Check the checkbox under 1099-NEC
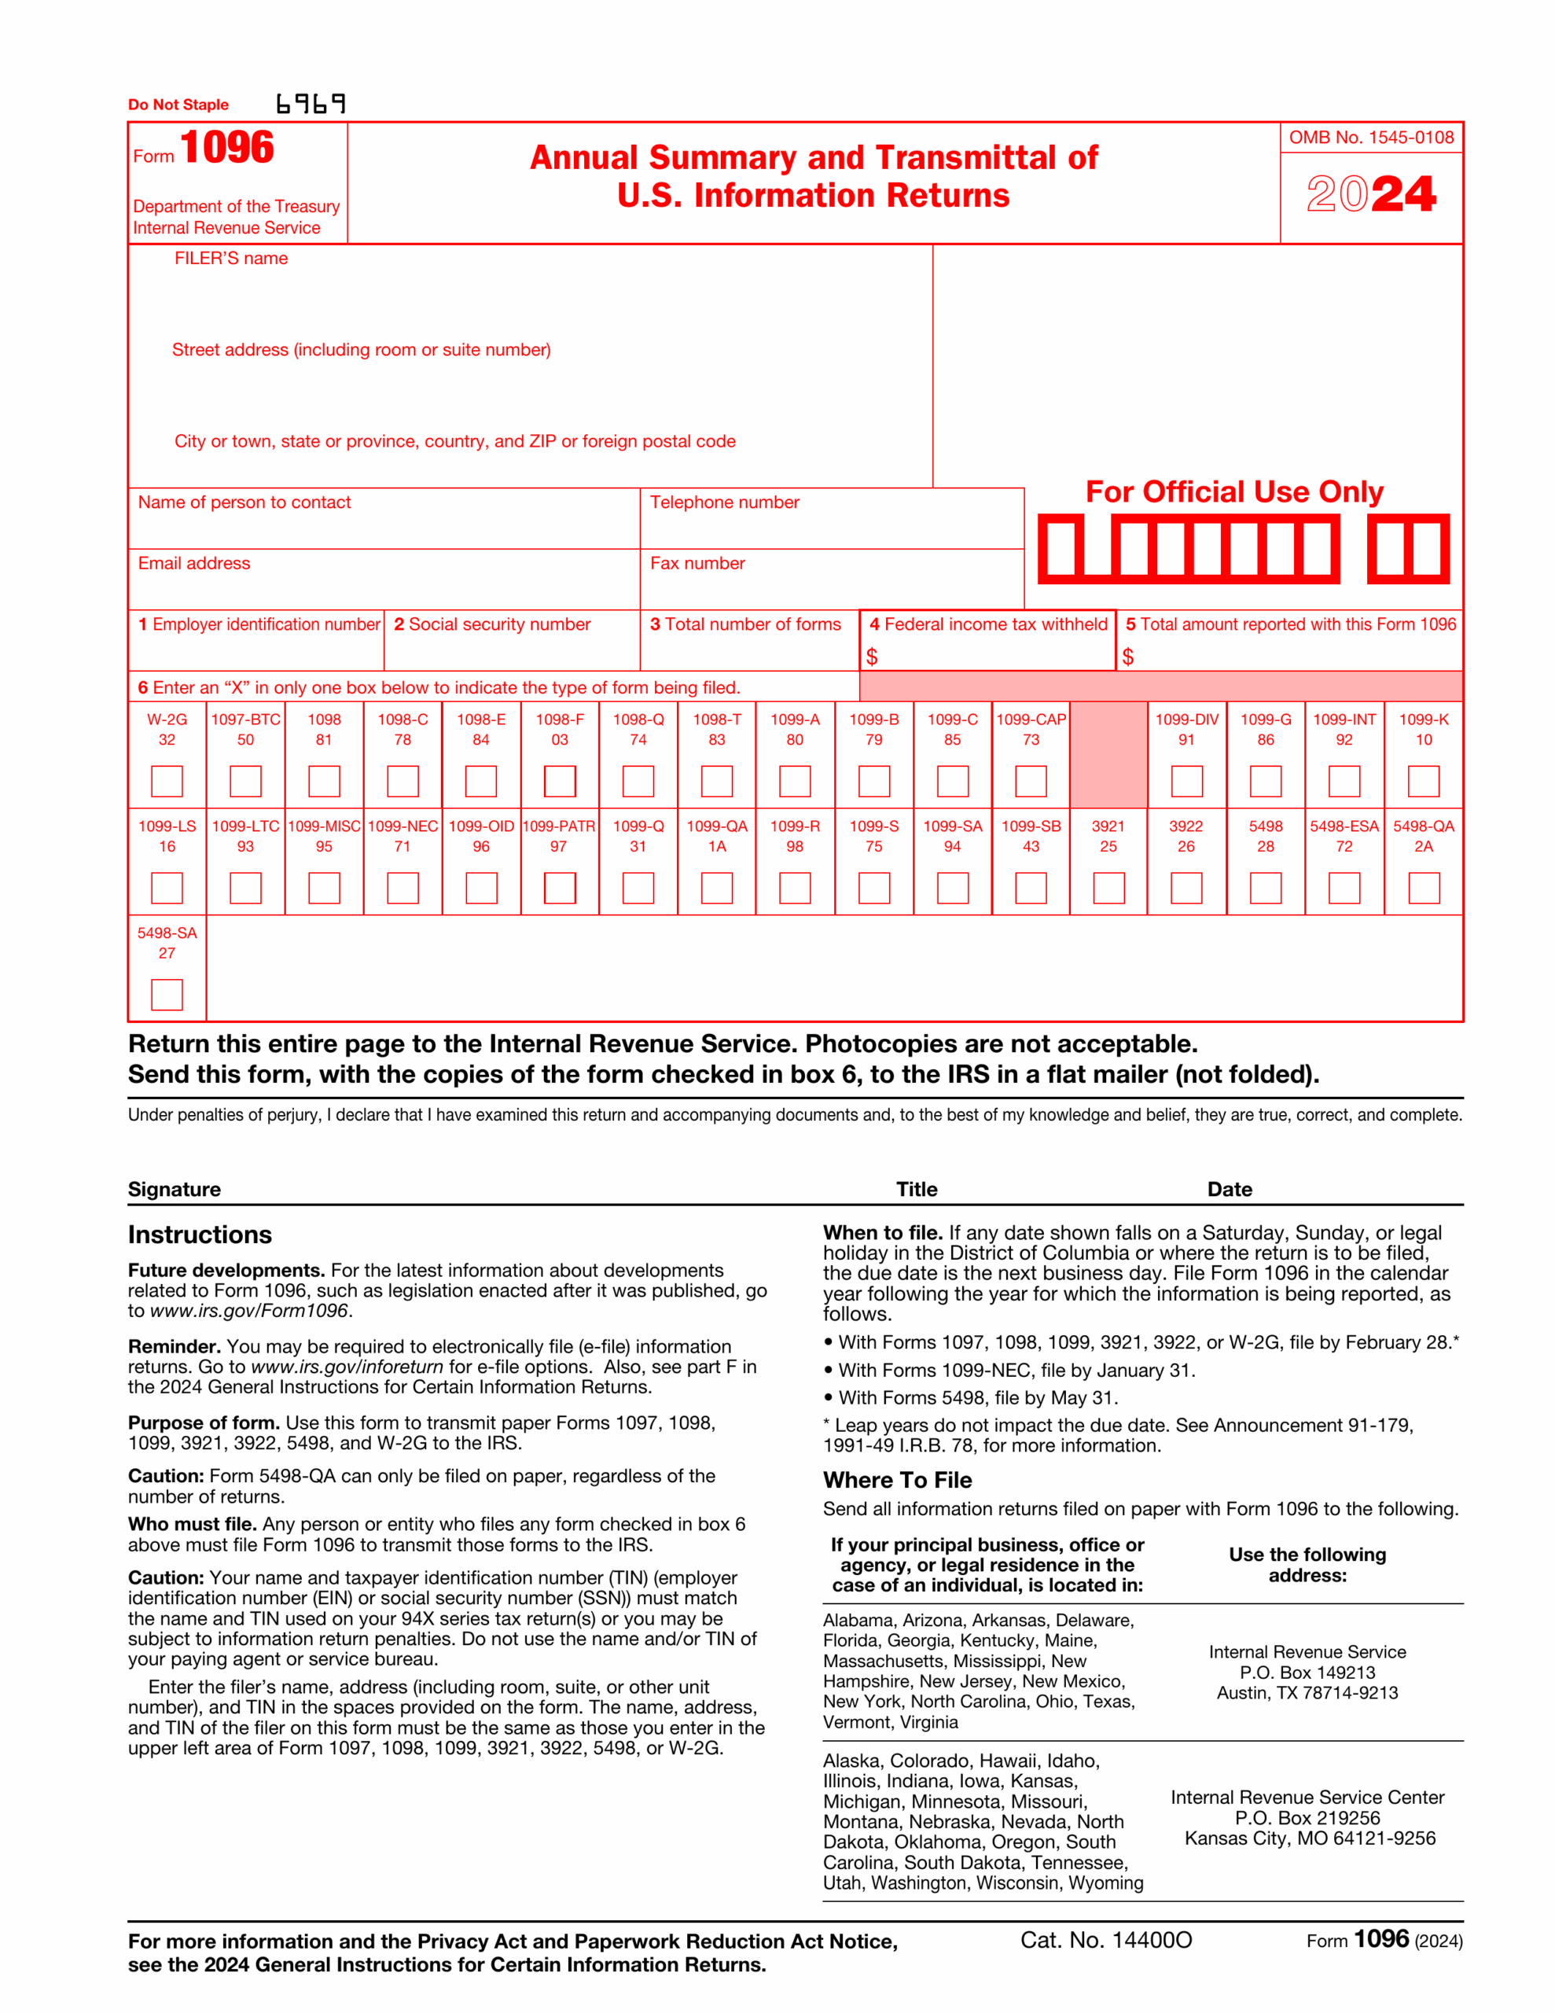(x=402, y=888)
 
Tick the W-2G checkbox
(x=167, y=781)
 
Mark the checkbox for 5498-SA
(x=167, y=995)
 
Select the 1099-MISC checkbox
(x=324, y=888)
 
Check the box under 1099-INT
(x=1344, y=781)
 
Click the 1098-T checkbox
(x=716, y=781)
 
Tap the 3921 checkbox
(x=1108, y=888)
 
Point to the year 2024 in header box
(x=1371, y=194)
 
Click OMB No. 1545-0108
(x=1371, y=138)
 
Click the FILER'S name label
(x=230, y=259)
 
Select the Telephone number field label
(x=725, y=502)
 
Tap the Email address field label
(x=193, y=563)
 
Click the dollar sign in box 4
(x=871, y=657)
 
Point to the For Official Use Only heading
(x=1234, y=492)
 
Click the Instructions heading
(x=200, y=1235)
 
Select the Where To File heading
(x=897, y=1480)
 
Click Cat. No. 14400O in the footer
(x=1105, y=1940)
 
